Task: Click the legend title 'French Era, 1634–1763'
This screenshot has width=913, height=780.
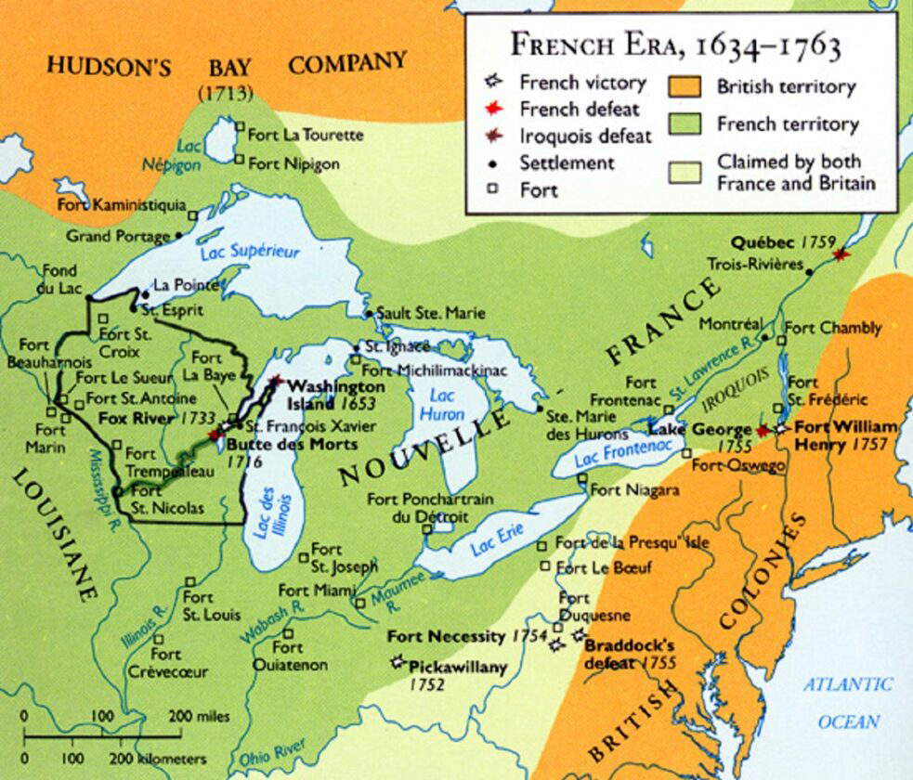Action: pyautogui.click(x=676, y=45)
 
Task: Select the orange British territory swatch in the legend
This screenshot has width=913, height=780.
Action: pyautogui.click(x=685, y=86)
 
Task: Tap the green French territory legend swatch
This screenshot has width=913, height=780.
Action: pyautogui.click(x=685, y=123)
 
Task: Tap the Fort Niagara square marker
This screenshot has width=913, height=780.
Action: pyautogui.click(x=581, y=479)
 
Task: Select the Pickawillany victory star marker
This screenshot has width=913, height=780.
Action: pyautogui.click(x=398, y=661)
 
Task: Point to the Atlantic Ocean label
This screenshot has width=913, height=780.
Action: pyautogui.click(x=846, y=702)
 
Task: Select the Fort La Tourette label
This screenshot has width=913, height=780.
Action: pyautogui.click(x=306, y=135)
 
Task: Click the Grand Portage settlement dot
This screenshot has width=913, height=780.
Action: pyautogui.click(x=179, y=237)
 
